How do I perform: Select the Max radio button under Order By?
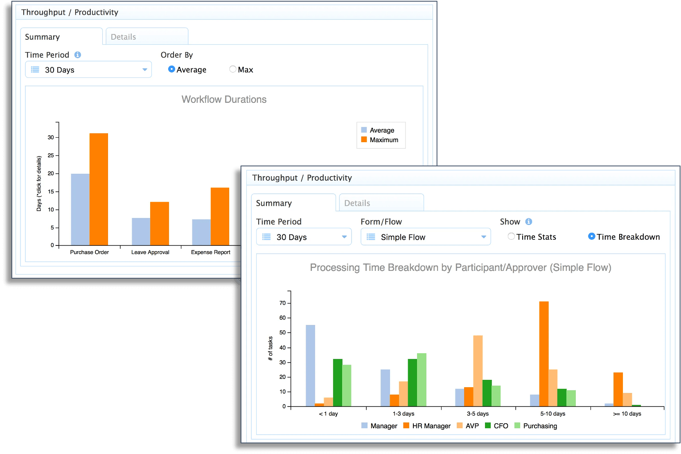click(233, 69)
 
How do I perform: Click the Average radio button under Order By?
click(171, 69)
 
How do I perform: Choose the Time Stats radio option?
click(511, 236)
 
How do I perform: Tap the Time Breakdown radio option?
click(591, 236)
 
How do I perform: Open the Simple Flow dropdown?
click(425, 237)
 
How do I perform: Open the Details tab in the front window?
click(381, 203)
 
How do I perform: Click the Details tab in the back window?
click(147, 37)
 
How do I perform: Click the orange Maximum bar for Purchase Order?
click(99, 189)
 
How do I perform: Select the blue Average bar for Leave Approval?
click(141, 232)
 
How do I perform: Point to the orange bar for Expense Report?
click(220, 216)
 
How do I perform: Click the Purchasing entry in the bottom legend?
click(539, 426)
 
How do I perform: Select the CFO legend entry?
click(500, 426)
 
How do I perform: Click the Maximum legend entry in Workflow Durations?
click(383, 140)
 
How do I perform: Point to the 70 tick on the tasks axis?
click(282, 303)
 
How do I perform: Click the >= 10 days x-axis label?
click(627, 414)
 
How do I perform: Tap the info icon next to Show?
click(529, 222)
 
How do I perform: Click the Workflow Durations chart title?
click(224, 100)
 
